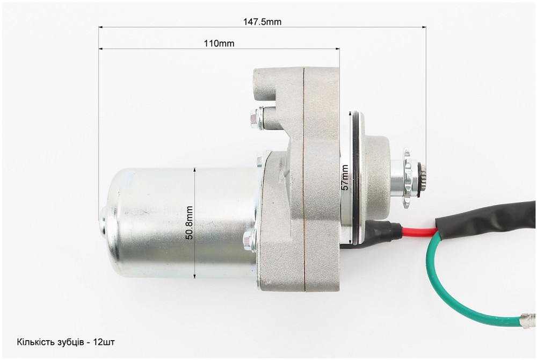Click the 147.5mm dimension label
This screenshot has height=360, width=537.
coord(263,22)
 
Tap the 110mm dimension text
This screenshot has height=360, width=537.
coord(219,44)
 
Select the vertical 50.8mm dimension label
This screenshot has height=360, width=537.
coord(190,222)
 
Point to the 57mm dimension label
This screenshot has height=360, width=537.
coord(345,177)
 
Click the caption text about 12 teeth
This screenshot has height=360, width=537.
coord(66,342)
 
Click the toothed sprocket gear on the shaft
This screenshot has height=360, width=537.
coord(408,178)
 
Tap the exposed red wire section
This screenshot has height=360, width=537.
coord(418,231)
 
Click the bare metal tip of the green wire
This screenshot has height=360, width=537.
coord(528,320)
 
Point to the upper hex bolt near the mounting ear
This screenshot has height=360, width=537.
coord(257,118)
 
